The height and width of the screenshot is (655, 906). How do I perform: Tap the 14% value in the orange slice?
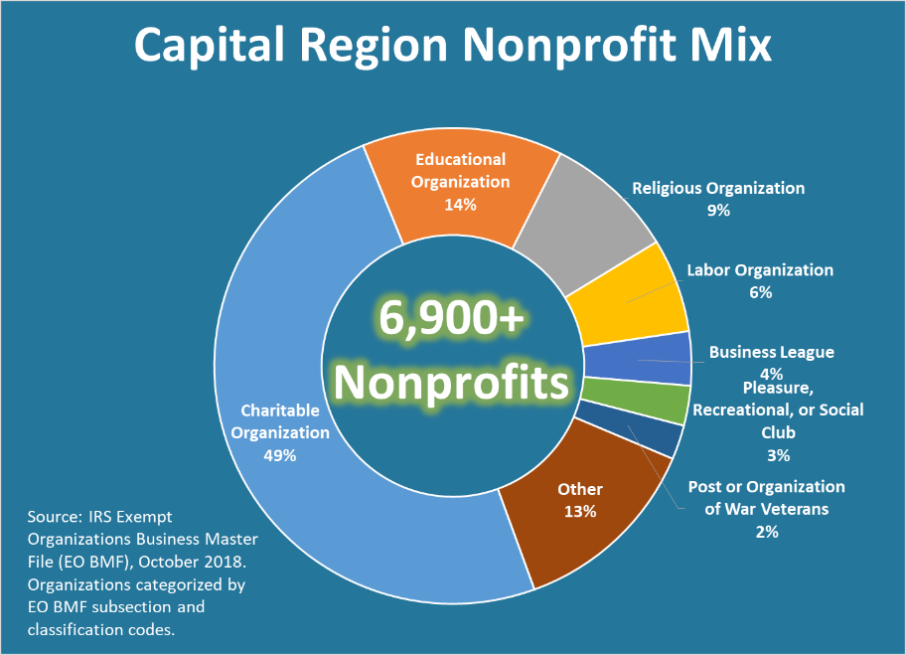click(460, 205)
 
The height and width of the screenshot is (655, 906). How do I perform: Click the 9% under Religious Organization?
click(718, 210)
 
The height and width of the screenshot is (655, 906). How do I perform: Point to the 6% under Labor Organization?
click(760, 292)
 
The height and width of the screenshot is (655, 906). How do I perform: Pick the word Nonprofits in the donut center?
click(453, 382)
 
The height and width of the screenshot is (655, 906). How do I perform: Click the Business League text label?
click(771, 352)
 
